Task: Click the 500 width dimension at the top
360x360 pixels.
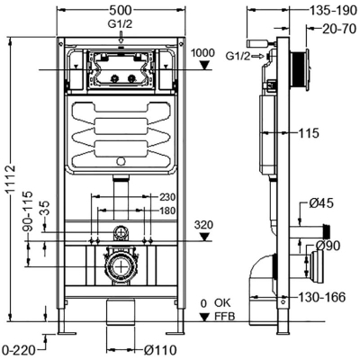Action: (120, 10)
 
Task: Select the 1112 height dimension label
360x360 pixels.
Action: (11, 179)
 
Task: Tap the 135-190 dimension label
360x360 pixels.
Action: (333, 11)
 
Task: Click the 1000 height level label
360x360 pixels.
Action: (203, 53)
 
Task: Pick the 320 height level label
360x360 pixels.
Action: (203, 225)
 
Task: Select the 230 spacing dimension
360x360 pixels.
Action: (167, 197)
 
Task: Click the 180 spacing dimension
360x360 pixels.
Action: (167, 211)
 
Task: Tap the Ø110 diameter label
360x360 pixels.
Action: (160, 350)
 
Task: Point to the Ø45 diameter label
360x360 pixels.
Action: (321, 203)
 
